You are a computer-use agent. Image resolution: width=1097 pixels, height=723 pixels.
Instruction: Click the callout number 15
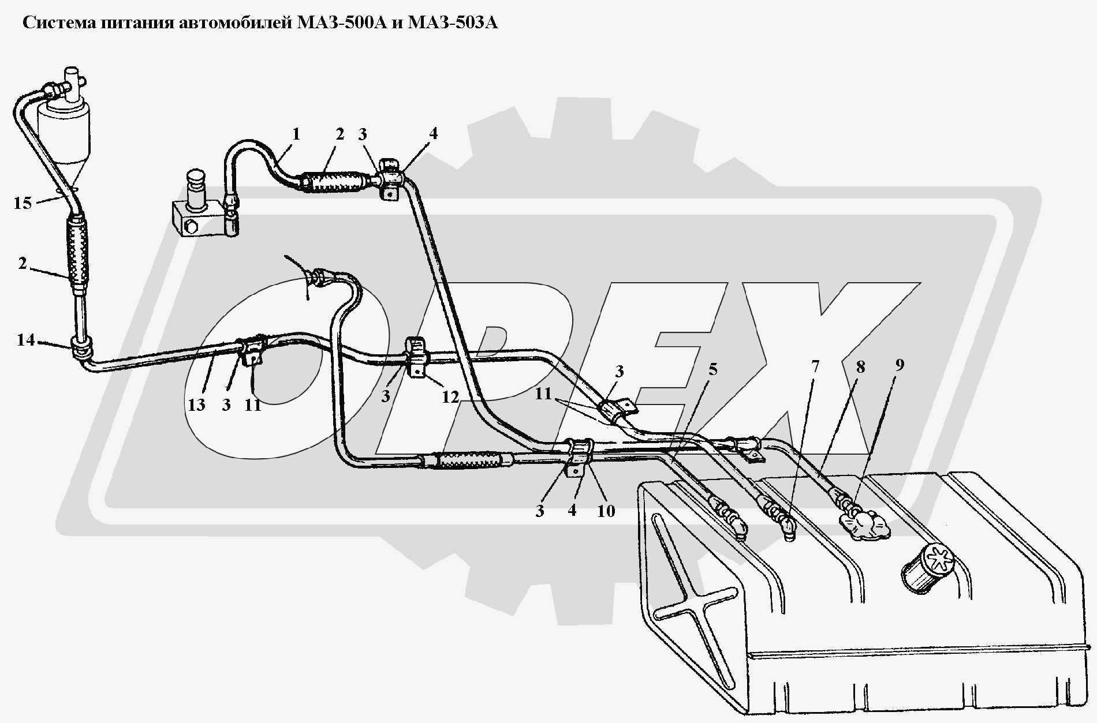point(23,203)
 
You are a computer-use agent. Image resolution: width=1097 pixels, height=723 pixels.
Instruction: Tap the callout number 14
point(26,340)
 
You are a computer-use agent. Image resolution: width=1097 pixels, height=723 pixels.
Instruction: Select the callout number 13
point(196,404)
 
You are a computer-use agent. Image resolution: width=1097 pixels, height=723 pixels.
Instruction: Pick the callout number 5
point(713,369)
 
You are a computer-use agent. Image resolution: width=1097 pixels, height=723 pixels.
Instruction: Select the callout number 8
point(860,366)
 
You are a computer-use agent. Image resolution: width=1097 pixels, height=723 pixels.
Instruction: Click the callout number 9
point(900,365)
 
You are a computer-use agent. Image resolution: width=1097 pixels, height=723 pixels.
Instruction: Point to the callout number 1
point(296,134)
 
